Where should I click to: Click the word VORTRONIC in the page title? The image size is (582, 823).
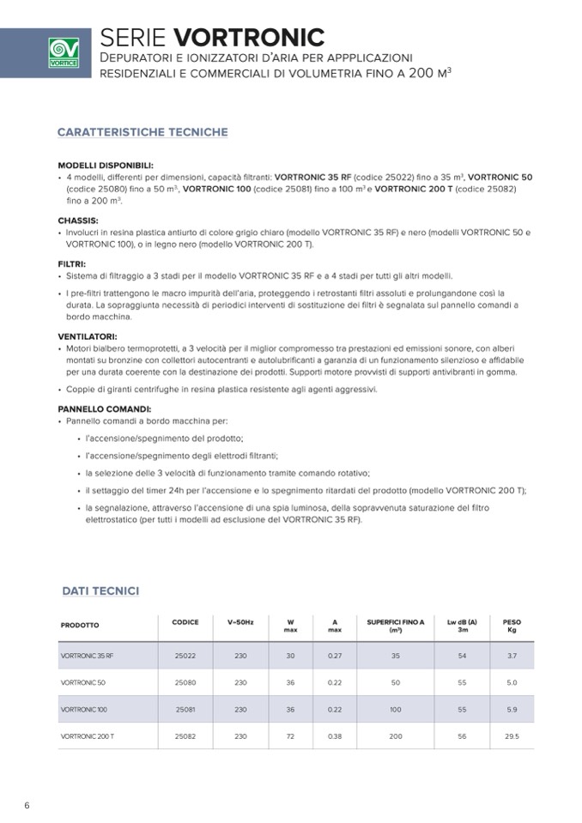[x=249, y=37]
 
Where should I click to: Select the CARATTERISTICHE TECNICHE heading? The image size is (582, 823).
[x=142, y=132]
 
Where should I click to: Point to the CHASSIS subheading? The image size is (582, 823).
[x=78, y=221]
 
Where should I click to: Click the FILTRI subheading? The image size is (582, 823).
[x=71, y=264]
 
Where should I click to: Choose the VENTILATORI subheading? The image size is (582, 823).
[x=87, y=337]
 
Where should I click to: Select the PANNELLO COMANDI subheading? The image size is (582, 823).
[x=104, y=409]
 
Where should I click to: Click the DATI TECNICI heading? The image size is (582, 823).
[x=100, y=590]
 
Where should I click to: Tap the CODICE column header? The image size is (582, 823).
[x=185, y=622]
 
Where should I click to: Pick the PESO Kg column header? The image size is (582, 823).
[x=512, y=626]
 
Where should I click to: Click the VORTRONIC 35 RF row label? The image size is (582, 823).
[x=87, y=656]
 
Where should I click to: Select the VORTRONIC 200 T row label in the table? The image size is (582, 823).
[x=88, y=736]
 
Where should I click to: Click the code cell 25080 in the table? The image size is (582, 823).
[x=185, y=682]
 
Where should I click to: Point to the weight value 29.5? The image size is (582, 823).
[x=512, y=736]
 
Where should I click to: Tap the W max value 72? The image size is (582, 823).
[x=290, y=736]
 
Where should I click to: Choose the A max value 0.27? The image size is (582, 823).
[x=335, y=656]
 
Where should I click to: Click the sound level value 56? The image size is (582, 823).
[x=463, y=736]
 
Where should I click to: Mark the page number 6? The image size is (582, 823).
[x=27, y=805]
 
